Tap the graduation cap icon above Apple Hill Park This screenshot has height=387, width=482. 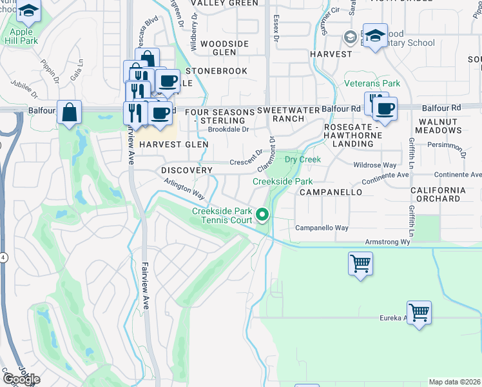[28, 11]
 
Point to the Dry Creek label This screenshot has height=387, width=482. [302, 159]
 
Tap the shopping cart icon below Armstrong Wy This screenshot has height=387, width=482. [360, 263]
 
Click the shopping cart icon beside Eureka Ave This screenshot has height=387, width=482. [419, 313]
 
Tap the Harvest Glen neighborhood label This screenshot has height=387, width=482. [173, 144]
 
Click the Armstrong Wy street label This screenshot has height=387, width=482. [387, 241]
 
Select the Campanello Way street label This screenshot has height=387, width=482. [322, 228]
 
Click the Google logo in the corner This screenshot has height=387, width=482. [21, 379]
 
